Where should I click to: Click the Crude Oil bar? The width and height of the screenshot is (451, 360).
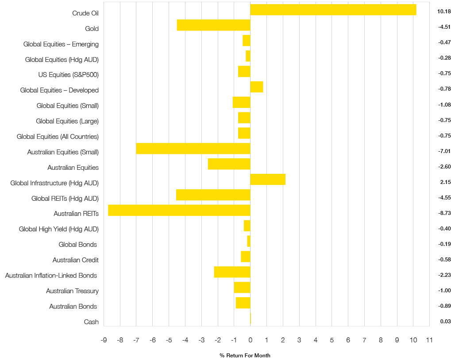(333, 10)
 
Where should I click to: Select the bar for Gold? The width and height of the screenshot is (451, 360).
(213, 25)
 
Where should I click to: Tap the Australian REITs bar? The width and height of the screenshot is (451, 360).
(179, 211)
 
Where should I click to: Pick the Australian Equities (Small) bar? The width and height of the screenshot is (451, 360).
(193, 149)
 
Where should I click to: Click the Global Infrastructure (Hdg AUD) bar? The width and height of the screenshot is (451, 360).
(268, 180)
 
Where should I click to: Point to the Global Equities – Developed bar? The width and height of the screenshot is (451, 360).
(257, 87)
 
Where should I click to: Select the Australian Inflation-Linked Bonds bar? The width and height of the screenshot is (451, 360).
(232, 272)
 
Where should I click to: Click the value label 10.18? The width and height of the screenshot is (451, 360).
(443, 11)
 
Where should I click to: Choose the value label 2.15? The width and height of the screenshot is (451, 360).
(445, 182)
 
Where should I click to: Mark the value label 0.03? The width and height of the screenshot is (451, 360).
(445, 322)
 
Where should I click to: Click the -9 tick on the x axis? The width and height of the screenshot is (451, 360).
(104, 340)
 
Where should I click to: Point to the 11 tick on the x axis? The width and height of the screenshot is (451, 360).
(429, 340)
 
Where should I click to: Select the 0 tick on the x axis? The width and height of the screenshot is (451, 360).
(250, 340)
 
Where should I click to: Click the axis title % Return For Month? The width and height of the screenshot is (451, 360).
(245, 356)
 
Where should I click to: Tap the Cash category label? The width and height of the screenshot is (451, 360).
(91, 322)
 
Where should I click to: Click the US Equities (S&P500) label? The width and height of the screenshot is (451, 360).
(69, 75)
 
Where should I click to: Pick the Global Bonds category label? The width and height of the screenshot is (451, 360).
(78, 245)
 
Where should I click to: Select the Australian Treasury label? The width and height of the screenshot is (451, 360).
(72, 291)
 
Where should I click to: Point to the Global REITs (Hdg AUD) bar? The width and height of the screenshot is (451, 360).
(213, 195)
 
